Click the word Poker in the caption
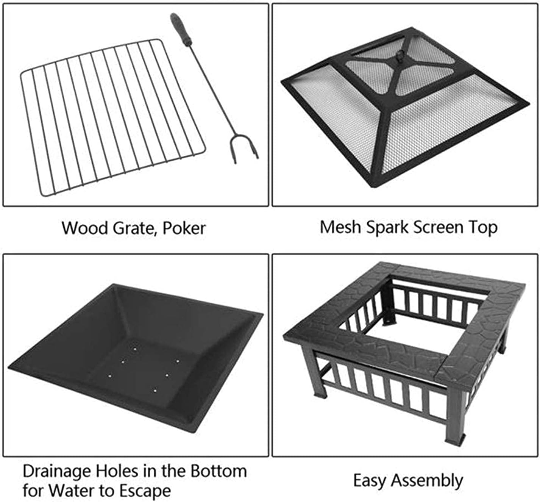click(x=184, y=228)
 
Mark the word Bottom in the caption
click(x=218, y=471)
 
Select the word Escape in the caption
click(x=145, y=491)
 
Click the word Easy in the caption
click(x=370, y=481)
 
